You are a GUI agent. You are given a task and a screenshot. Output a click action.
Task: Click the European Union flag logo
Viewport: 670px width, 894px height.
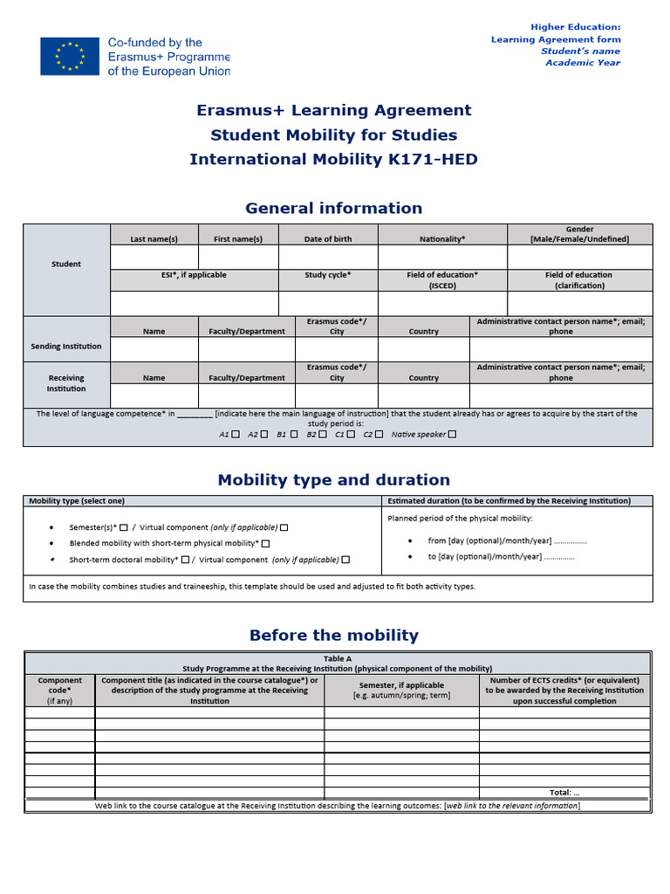click(x=69, y=56)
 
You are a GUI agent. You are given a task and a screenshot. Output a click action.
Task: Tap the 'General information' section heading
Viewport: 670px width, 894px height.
click(x=334, y=208)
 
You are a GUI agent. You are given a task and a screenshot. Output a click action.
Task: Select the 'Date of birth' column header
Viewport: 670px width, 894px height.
click(x=328, y=239)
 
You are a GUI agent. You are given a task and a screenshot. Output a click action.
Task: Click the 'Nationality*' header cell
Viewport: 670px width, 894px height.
click(x=442, y=239)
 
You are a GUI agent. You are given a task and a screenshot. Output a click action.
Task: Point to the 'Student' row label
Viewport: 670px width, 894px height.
click(x=66, y=264)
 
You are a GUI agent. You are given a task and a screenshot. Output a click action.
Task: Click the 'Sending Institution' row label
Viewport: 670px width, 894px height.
click(x=66, y=347)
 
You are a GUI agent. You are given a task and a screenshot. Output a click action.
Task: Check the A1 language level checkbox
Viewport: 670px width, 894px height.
click(x=236, y=434)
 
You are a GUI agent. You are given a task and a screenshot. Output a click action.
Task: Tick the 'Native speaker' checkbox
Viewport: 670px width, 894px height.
click(x=452, y=434)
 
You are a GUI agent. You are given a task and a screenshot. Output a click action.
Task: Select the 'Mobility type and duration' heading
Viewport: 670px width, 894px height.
click(x=334, y=480)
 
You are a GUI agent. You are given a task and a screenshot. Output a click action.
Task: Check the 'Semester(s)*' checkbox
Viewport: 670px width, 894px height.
click(x=123, y=527)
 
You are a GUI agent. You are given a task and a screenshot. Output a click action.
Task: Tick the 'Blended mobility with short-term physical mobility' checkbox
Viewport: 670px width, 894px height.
click(x=265, y=544)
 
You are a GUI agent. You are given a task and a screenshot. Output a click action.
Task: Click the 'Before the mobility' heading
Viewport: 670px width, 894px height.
click(x=334, y=636)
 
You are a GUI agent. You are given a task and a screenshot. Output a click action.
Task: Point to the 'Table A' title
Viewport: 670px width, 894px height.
click(x=337, y=659)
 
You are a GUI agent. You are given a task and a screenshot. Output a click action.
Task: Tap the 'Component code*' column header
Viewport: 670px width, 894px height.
click(x=60, y=690)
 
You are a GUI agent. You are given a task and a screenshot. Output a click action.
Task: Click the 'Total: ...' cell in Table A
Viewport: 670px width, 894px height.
click(x=564, y=793)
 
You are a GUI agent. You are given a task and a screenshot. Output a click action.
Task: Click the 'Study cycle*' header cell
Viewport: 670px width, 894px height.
click(x=328, y=275)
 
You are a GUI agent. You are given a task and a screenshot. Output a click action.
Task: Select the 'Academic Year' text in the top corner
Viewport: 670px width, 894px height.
click(x=583, y=63)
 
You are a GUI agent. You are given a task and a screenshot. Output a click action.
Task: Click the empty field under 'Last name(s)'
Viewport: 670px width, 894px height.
click(x=154, y=258)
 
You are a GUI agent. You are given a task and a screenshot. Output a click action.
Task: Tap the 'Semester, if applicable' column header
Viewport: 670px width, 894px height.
click(x=401, y=690)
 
